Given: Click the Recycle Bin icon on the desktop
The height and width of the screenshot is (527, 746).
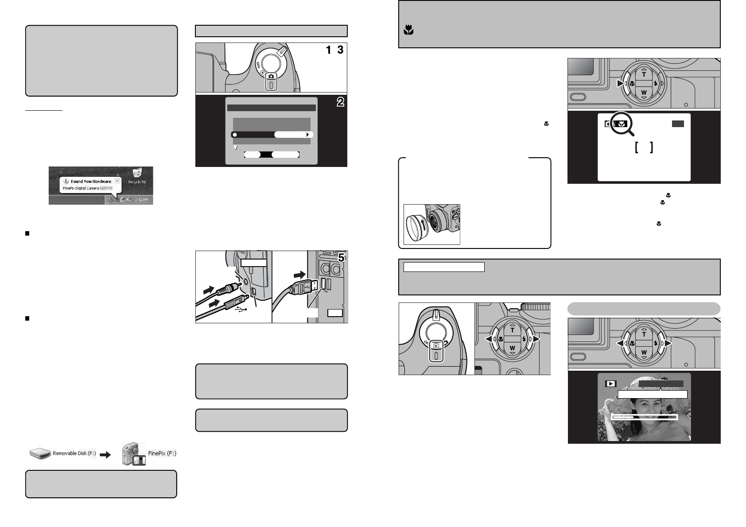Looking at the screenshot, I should tap(137, 173).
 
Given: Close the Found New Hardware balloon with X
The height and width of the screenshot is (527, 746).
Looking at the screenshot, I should tap(117, 181).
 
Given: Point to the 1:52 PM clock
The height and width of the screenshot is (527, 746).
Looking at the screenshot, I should tap(142, 200).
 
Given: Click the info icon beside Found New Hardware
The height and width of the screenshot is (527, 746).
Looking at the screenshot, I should tap(66, 182).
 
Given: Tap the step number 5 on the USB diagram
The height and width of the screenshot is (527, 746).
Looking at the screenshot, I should tap(342, 257).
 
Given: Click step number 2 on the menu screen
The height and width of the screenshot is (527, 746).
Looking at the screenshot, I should tap(340, 102).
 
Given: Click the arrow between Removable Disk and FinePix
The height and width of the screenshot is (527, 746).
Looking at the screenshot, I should tap(105, 454).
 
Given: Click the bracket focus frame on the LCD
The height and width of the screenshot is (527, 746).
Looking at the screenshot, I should tap(644, 147).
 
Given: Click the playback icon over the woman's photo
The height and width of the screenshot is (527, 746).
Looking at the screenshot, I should tap(610, 384).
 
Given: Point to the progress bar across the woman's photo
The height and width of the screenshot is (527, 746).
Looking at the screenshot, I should tap(645, 417).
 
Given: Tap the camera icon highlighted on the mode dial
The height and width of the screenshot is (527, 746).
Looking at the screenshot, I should tap(271, 76).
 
